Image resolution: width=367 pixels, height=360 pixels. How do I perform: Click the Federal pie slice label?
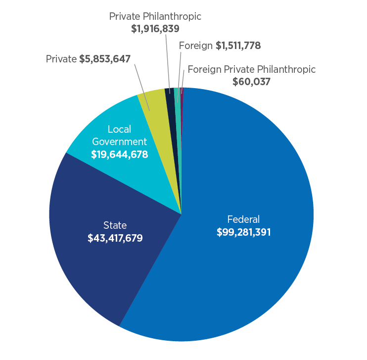[243, 219]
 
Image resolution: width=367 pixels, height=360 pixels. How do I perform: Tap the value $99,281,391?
[243, 232]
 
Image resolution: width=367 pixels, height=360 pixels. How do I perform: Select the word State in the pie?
[115, 225]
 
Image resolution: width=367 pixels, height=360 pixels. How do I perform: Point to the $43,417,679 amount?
[115, 238]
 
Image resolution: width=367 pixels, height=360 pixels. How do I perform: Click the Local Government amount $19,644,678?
[120, 154]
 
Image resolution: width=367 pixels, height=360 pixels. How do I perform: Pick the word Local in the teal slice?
[120, 129]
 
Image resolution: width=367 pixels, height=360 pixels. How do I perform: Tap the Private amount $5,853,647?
[104, 59]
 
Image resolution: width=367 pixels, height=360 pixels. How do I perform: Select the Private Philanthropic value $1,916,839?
[155, 29]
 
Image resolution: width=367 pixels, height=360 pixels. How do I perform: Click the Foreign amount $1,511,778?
[238, 46]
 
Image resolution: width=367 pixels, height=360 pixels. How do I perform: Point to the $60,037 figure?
[251, 82]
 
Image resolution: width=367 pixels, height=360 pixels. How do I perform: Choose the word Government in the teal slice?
[120, 142]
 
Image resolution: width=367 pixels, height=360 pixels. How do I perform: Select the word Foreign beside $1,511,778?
[196, 46]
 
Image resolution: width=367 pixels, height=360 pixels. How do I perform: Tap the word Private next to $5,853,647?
[61, 59]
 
